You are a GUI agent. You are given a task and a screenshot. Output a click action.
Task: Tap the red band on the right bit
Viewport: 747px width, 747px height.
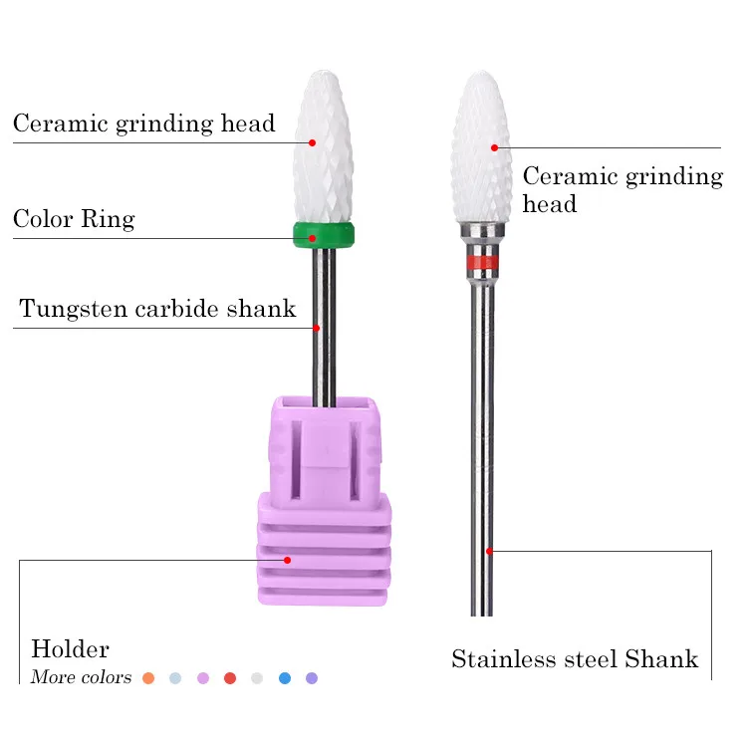click(482, 263)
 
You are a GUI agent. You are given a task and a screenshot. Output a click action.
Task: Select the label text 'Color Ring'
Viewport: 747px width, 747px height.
click(74, 219)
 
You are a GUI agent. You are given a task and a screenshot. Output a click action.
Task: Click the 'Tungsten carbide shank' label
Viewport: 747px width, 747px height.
click(157, 309)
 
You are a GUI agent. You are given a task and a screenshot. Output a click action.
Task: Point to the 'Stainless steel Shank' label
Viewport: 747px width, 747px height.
click(575, 659)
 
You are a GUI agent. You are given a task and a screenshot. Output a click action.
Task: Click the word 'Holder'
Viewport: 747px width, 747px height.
click(70, 650)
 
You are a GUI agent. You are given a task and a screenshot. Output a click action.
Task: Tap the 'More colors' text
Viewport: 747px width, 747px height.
click(81, 678)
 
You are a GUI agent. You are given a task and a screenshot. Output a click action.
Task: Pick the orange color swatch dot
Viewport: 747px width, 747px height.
click(148, 678)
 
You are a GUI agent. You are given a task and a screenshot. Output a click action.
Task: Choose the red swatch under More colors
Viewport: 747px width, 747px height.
click(230, 678)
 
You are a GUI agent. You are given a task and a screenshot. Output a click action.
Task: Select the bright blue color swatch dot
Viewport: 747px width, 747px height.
click(285, 678)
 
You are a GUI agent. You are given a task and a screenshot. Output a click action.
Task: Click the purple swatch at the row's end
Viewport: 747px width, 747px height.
click(312, 678)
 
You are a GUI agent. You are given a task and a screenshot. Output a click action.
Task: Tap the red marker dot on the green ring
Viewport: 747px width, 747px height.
click(312, 238)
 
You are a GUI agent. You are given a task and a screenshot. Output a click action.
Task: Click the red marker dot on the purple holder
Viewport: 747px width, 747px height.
click(287, 560)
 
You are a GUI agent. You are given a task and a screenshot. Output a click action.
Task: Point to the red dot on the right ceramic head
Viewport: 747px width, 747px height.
click(494, 147)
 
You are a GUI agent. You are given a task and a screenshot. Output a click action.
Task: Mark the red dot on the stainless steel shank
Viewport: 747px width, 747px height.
click(489, 551)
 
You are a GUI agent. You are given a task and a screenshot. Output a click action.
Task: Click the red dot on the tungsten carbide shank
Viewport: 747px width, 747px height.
click(317, 328)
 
